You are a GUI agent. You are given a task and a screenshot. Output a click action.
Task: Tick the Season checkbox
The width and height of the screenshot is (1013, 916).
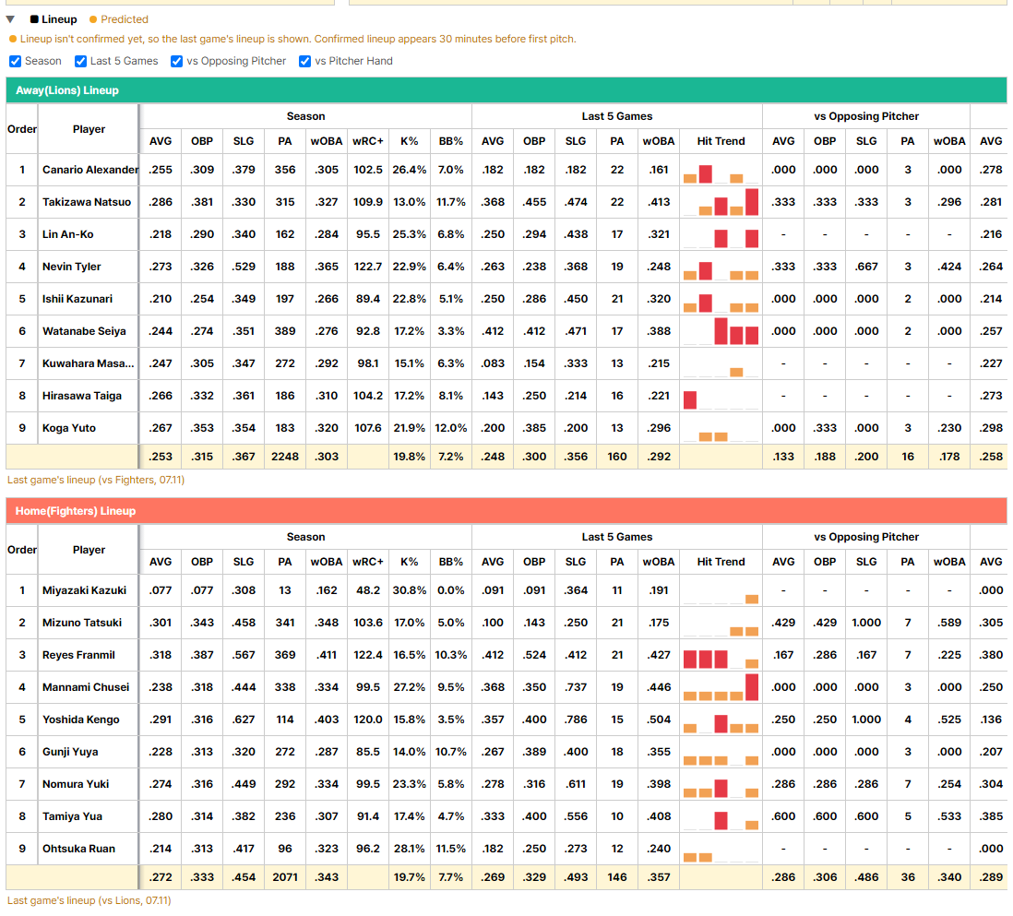pos(15,62)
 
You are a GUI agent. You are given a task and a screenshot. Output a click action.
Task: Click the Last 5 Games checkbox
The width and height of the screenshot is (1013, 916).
pos(81,62)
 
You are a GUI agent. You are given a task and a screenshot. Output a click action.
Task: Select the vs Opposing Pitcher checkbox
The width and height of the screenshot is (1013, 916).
pos(176,62)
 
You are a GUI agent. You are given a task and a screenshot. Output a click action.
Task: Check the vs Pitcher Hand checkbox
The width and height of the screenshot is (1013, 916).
pos(305,62)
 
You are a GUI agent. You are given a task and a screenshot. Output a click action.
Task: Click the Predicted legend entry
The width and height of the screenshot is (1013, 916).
pos(119,19)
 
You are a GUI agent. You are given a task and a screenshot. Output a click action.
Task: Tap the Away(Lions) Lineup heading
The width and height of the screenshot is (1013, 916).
pos(67,90)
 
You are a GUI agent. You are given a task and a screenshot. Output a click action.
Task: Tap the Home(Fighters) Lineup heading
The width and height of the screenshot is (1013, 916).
pos(76,511)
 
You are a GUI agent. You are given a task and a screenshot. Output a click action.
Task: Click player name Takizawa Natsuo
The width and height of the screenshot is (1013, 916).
pos(87,202)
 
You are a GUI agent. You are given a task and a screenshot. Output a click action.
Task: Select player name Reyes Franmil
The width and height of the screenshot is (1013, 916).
pos(78,655)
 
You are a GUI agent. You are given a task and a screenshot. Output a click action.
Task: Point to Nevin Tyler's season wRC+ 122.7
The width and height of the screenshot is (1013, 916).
pos(367,267)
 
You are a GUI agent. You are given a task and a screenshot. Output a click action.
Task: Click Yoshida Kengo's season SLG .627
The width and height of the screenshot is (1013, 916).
pos(244,720)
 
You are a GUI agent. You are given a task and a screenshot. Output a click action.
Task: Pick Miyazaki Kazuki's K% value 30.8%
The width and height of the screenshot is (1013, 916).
pos(409,590)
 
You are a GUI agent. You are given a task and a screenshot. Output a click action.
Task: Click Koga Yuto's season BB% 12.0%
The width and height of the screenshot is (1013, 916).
pos(450,428)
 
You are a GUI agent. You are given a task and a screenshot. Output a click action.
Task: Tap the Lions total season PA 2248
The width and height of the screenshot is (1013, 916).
pos(285,457)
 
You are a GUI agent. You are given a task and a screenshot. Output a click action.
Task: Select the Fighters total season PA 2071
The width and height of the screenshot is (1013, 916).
pos(285,877)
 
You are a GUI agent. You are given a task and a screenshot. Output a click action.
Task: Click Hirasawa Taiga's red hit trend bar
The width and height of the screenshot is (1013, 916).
pos(690,399)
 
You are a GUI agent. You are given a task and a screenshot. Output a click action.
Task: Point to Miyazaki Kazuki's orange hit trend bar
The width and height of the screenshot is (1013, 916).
pos(751,600)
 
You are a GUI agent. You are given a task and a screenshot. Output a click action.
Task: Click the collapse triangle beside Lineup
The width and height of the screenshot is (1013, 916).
pos(10,19)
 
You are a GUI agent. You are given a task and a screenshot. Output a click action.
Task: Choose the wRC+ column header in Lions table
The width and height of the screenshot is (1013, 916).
pos(367,141)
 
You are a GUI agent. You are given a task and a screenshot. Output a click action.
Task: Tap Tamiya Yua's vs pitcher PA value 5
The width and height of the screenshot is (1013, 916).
pos(908,816)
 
